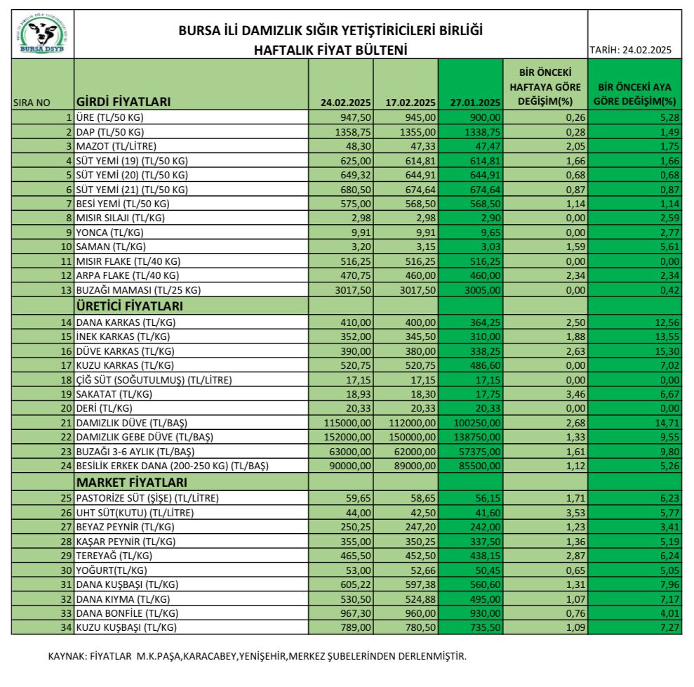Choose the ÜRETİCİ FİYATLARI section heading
click(129, 306)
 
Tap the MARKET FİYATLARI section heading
click(131, 483)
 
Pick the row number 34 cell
click(66, 627)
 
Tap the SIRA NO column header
click(32, 103)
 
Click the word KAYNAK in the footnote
click(67, 657)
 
